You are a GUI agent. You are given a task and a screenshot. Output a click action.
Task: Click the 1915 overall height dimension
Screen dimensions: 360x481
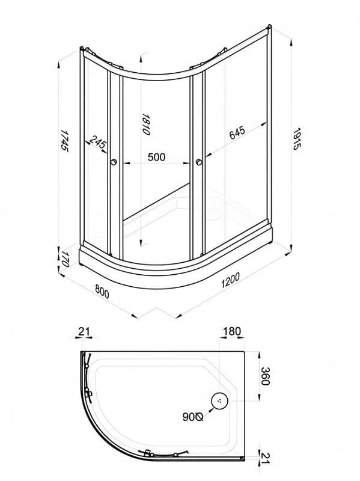pos(297,139)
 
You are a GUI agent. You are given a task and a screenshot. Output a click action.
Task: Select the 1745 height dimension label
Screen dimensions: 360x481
pos(64,140)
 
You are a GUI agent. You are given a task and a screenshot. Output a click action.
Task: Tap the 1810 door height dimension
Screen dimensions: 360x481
pos(145,124)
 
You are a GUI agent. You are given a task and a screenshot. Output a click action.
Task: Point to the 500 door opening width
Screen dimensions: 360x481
pos(156,157)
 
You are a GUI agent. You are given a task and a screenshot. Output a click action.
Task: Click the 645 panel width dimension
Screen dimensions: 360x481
pos(237,132)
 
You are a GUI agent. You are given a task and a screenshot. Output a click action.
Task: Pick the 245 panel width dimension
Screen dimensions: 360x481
pos(98,143)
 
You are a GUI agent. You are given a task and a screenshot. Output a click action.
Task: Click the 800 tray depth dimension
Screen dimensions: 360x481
pos(102,291)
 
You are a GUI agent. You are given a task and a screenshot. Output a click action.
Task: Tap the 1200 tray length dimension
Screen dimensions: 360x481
pos(230,280)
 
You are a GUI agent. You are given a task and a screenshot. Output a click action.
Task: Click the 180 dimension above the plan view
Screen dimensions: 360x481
pos(232,331)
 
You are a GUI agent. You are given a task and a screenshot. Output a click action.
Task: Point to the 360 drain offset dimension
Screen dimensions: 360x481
pos(264,376)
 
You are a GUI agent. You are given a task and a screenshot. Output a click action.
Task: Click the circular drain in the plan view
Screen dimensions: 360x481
pos(220,400)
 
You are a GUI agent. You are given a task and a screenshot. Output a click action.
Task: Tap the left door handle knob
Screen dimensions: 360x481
pos(114,162)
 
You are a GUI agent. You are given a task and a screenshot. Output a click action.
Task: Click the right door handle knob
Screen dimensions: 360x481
pos(199,162)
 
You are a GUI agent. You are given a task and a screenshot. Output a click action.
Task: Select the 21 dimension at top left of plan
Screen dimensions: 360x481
pos(84,331)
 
